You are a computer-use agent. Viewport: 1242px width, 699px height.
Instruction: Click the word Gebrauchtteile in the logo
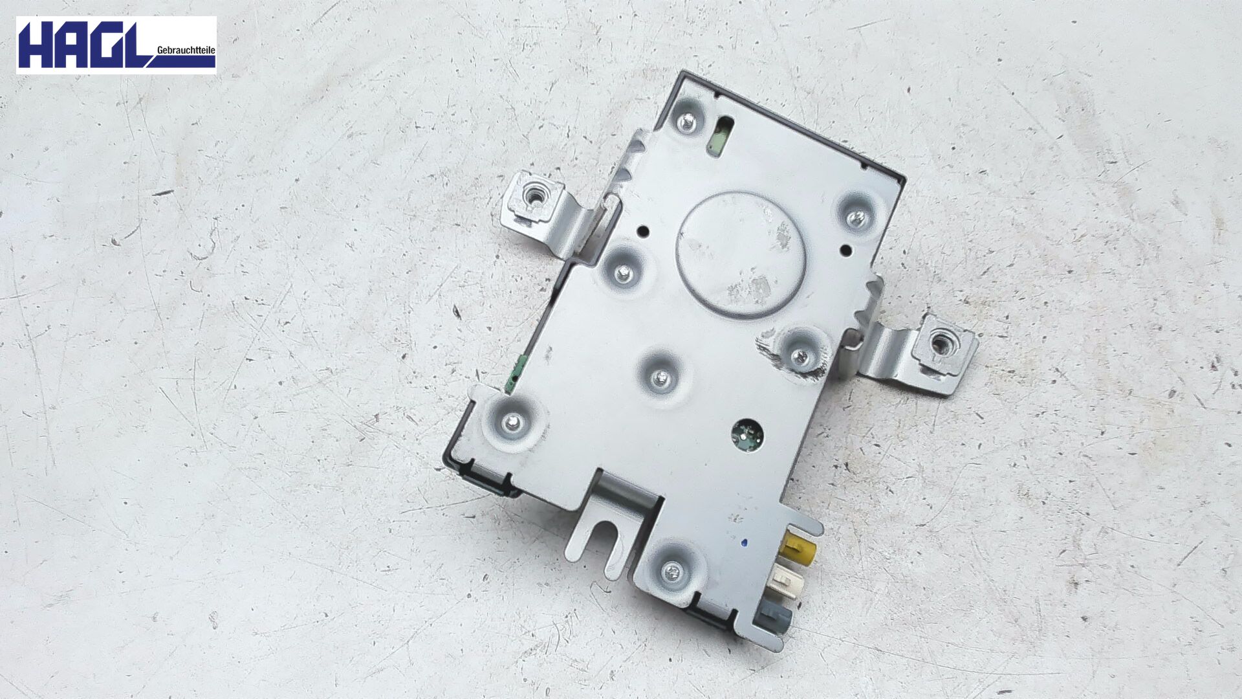coord(186,50)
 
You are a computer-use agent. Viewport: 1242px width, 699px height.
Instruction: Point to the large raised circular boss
coord(740,254)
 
